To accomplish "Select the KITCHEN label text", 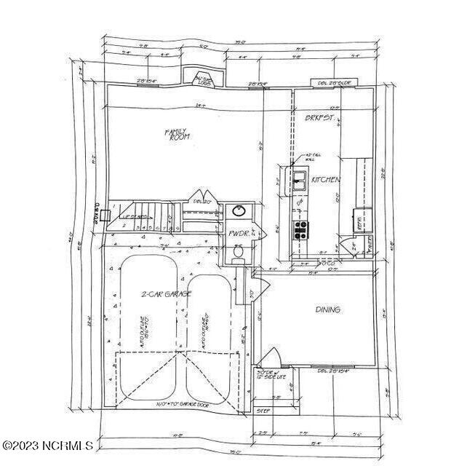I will pyautogui.click(x=325, y=179).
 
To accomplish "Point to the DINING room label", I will pyautogui.click(x=327, y=309).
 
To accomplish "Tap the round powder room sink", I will pyautogui.click(x=239, y=212).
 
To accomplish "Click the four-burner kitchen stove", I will pyautogui.click(x=299, y=230).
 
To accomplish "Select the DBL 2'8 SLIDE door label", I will pyautogui.click(x=335, y=84).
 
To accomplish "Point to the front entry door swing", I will pyautogui.click(x=269, y=360).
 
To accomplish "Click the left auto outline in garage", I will pyautogui.click(x=148, y=328).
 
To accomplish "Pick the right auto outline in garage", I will pyautogui.click(x=211, y=335).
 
